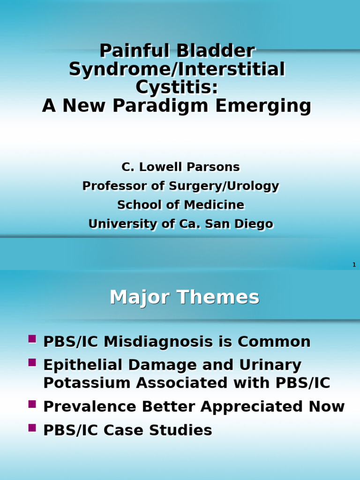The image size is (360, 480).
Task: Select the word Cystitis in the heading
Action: [x=177, y=88]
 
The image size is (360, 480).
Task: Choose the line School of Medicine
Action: [x=180, y=205]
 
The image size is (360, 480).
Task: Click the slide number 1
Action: [x=354, y=265]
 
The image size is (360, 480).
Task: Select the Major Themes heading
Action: [x=184, y=298]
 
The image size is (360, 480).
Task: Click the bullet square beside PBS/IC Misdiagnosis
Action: [x=32, y=339]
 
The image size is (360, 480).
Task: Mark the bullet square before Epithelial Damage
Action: [x=32, y=362]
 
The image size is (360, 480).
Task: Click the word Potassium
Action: [x=86, y=383]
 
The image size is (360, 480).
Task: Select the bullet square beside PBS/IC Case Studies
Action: [x=32, y=427]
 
